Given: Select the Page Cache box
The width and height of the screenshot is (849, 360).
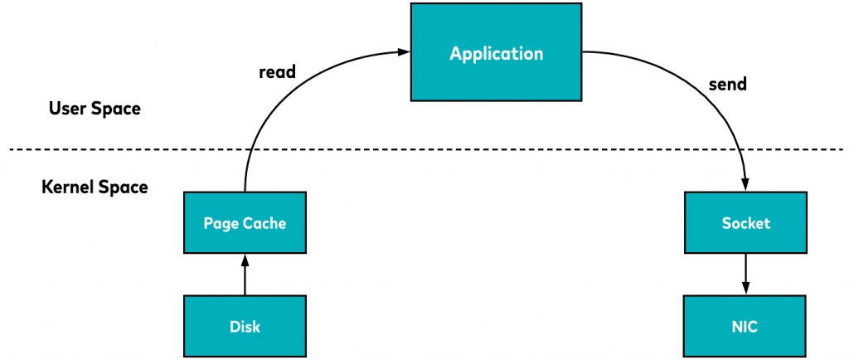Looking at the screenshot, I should [245, 222].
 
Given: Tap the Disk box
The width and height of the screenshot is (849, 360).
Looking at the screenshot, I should [245, 326].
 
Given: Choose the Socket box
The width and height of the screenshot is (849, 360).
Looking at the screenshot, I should [745, 222].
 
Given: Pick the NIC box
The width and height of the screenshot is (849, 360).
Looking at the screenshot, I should [745, 326].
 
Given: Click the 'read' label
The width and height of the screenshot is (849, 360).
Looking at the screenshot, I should [277, 72].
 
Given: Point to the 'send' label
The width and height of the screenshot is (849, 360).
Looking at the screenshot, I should [728, 84].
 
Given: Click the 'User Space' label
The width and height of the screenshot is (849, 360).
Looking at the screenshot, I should [95, 109].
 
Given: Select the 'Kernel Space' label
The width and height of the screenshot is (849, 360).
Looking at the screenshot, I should [95, 187].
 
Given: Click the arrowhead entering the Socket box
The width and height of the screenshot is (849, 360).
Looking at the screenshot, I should [745, 186].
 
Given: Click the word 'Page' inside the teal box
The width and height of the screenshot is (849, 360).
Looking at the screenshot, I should [221, 223].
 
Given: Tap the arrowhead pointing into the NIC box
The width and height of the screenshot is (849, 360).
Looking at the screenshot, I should [745, 289].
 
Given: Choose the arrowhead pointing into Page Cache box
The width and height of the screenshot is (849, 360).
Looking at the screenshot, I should [245, 260].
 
